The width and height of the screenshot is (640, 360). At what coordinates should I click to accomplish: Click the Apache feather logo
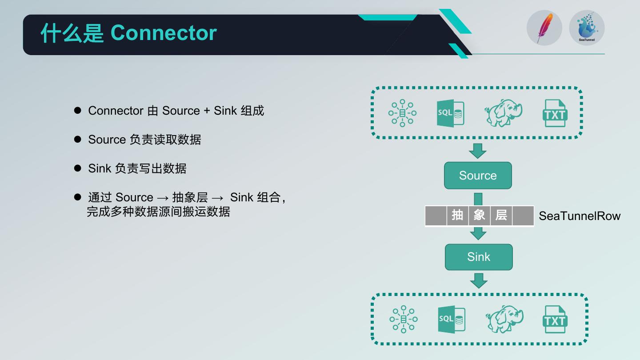pos(544,28)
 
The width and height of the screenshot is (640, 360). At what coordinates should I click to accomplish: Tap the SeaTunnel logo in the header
pos(587,28)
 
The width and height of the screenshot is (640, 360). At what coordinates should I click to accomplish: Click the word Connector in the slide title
pos(164,33)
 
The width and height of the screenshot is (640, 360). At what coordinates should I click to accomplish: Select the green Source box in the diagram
pos(478,176)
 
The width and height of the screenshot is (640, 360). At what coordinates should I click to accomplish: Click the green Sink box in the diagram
pos(479,257)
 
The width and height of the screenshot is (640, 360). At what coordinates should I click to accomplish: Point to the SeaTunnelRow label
pos(580,216)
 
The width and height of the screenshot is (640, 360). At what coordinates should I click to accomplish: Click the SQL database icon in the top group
pos(450,113)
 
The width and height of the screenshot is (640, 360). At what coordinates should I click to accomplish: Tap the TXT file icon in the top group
pos(555,113)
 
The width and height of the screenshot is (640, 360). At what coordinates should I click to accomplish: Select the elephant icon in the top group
pos(504,113)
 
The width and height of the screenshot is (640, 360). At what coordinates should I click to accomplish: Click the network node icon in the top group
pos(402,113)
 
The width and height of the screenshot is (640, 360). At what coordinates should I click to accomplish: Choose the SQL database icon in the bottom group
pos(452,319)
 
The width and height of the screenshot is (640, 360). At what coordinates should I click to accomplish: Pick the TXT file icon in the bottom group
pos(555,319)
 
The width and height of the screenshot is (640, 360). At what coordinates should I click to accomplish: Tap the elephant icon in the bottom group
pos(504,319)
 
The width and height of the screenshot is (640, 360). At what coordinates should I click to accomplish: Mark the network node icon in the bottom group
pos(404,319)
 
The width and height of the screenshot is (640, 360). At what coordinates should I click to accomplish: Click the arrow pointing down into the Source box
pos(478,151)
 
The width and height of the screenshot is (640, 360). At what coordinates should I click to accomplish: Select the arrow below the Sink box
pos(479,280)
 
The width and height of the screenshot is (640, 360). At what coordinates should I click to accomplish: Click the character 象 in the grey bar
pos(479,216)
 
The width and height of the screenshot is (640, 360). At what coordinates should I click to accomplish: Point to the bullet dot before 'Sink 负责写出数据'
pos(78,168)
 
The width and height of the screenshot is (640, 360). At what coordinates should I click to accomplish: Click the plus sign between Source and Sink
pos(207,111)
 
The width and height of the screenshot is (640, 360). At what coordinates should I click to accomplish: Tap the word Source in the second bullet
pos(107,140)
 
